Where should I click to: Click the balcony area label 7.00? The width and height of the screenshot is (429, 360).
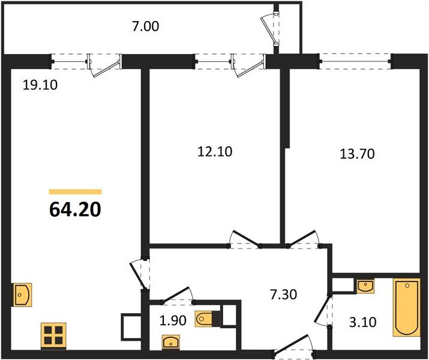pos(145,27)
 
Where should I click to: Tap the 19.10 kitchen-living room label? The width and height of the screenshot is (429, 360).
pos(40,85)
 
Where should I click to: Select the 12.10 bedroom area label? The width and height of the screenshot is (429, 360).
pos(215,152)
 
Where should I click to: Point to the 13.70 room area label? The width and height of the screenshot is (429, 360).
pos(357,154)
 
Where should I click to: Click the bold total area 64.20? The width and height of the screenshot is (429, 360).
pos(75,210)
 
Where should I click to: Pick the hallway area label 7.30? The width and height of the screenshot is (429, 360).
pos(283,295)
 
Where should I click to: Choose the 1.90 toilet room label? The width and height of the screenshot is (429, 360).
pos(173,320)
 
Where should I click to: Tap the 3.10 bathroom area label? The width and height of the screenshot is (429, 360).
pos(363,322)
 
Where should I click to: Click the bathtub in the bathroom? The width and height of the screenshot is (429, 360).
pos(407,307)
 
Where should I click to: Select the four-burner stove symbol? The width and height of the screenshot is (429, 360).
pos(53,336)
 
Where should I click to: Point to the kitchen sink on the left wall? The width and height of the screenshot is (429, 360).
pos(22,295)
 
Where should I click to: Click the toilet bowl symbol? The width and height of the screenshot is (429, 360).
pos(203,319)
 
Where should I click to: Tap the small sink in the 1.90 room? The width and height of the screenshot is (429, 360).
pos(170,342)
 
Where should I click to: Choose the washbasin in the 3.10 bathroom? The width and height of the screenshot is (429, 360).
pos(365,286)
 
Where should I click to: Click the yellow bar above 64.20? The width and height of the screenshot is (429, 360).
pos(75,192)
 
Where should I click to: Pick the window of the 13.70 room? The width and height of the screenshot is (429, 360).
pos(355,62)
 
